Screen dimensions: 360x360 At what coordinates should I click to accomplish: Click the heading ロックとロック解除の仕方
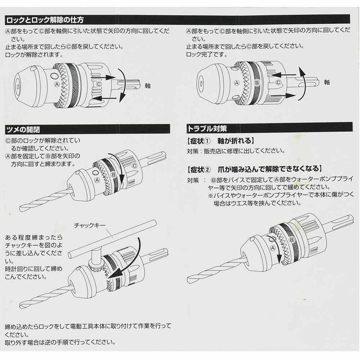click(45, 20)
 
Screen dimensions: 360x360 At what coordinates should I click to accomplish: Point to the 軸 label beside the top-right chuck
click(327, 82)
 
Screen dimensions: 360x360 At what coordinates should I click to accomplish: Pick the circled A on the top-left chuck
click(57, 84)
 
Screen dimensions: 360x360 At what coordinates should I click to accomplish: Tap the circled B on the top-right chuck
click(257, 83)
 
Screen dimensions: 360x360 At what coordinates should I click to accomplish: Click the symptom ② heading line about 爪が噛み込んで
click(254, 169)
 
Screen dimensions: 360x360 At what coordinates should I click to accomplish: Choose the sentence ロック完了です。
click(204, 54)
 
